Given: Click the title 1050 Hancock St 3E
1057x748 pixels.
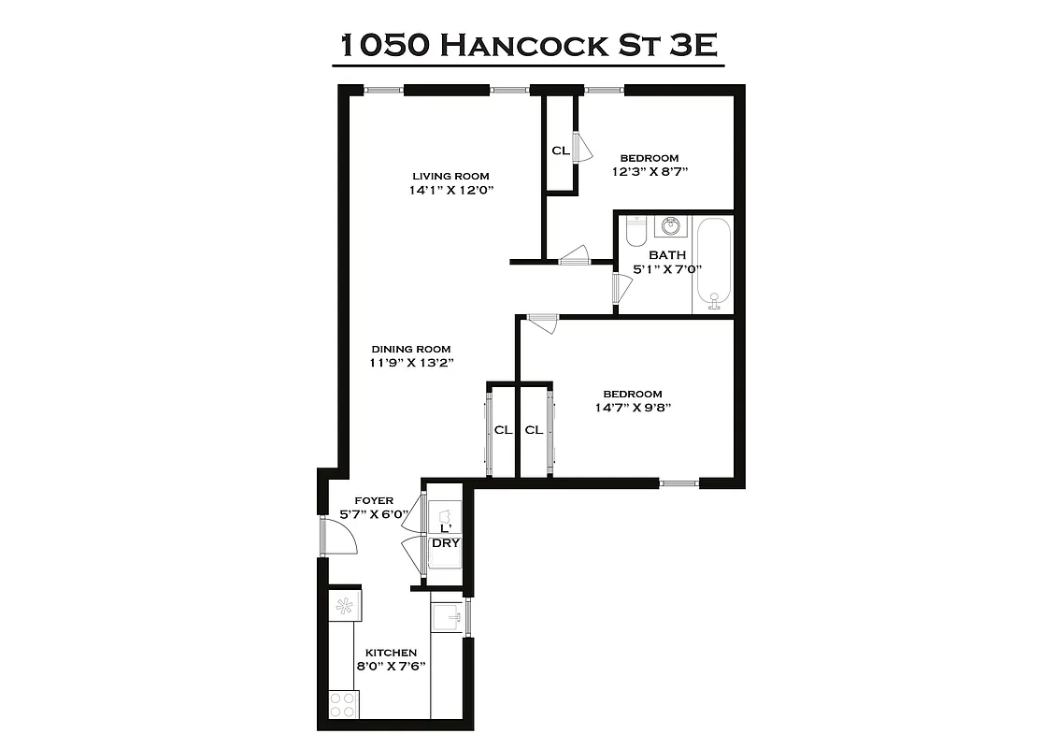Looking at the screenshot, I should point(528,45).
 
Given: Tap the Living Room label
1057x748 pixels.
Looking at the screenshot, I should point(450,176).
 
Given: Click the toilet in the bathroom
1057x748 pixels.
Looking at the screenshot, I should point(636,230).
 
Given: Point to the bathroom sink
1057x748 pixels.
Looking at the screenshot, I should point(670,226).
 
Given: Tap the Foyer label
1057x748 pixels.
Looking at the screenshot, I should point(374,501).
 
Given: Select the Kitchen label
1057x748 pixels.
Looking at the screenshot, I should point(391,653).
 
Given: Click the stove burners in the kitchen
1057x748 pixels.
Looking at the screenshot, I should point(343,704).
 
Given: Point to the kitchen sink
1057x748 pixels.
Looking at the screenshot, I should point(447,617).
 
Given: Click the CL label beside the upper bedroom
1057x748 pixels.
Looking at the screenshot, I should point(561,150).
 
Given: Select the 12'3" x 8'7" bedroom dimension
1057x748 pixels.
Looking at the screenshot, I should point(657,172).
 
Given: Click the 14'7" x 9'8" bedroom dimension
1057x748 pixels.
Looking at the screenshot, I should point(633,407).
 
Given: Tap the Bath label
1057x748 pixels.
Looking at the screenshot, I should point(667,254).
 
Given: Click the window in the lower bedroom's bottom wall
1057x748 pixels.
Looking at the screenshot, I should point(679,483).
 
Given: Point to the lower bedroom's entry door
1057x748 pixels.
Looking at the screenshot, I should point(542,323).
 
